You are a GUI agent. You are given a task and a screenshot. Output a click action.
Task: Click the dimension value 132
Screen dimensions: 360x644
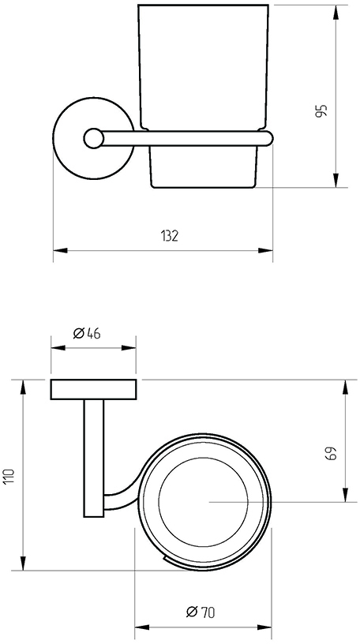tap(170, 236)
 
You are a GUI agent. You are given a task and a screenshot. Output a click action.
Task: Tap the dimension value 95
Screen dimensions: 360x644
tap(322, 111)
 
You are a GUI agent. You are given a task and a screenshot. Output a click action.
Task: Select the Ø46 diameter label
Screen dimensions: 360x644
tap(87, 333)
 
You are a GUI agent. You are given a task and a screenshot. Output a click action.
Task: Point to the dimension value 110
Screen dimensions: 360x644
tap(9, 476)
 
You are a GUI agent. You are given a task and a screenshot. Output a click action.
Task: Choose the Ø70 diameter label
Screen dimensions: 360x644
tap(201, 612)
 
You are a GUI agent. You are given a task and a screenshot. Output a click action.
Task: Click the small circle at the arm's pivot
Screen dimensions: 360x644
tap(93, 138)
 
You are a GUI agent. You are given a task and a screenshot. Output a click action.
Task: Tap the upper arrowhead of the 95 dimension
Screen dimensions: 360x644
tap(336, 13)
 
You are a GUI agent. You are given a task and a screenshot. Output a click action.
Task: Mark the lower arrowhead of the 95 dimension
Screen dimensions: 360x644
tap(336, 180)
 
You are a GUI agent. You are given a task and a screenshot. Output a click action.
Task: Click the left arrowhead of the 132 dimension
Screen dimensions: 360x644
tap(61, 250)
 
